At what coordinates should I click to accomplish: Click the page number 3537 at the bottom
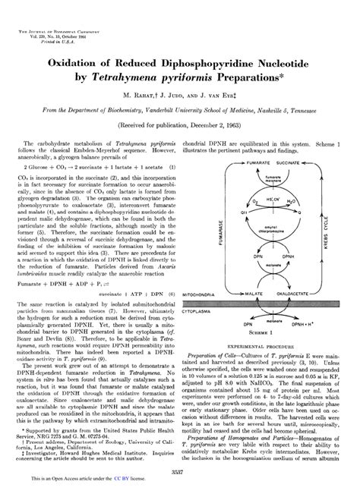point(179,470)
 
